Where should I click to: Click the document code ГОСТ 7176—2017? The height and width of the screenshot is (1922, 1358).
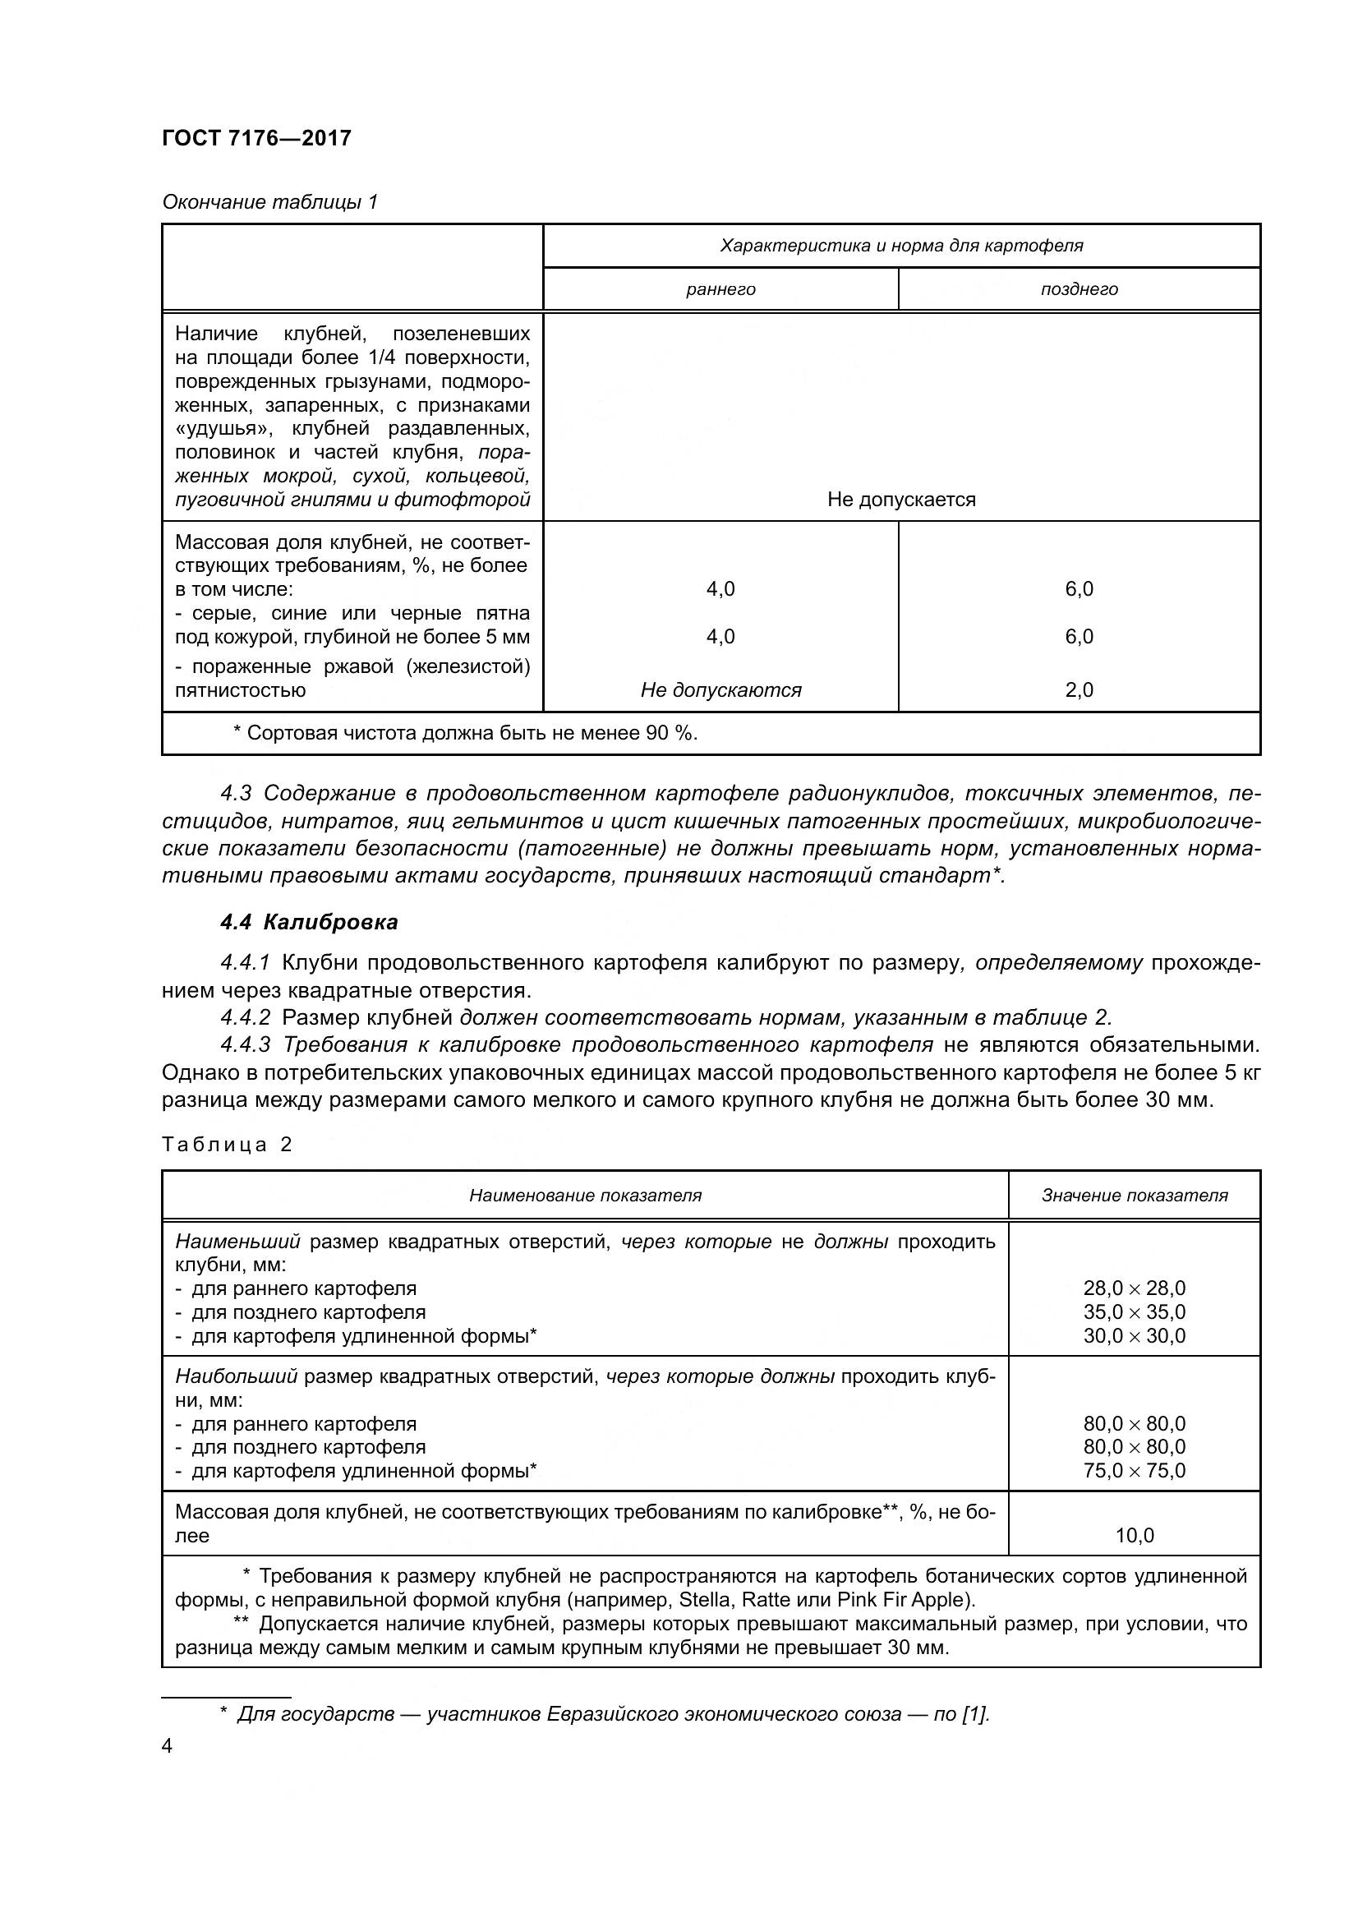256,138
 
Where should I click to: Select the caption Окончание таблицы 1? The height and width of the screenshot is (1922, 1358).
269,202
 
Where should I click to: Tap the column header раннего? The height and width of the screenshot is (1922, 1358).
720,289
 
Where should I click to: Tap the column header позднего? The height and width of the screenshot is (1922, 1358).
1079,289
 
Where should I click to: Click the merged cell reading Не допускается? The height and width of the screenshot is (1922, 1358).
901,500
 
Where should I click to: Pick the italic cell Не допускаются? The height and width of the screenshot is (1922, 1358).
720,690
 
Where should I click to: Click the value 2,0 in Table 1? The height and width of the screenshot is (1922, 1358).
1079,690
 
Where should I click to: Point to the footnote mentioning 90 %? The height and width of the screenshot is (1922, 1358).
465,733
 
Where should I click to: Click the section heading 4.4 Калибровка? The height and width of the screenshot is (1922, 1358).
309,923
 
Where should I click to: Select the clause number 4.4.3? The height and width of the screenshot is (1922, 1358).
246,1044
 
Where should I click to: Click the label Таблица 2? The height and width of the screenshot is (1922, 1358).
227,1145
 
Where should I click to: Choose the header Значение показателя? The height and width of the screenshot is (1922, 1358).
1134,1196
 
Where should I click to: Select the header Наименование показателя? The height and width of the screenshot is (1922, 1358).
585,1196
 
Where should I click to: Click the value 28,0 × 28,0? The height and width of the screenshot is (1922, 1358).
1134,1288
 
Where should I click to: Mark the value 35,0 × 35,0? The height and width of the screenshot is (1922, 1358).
1134,1311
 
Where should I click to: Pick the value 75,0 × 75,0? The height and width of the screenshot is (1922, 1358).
1134,1471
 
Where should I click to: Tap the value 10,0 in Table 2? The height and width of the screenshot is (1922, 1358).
1134,1536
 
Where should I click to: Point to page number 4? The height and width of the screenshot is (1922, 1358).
168,1747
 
